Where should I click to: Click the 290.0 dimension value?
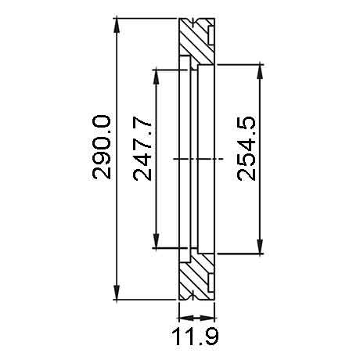(102, 147)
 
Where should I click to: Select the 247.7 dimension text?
(142, 149)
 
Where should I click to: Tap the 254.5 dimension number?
(246, 149)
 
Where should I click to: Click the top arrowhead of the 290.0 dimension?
(117, 25)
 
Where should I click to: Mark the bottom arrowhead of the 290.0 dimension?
(117, 293)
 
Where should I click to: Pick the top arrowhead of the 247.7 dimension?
(156, 77)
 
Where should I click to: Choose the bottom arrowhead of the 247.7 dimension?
(156, 241)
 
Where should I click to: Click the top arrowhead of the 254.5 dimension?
(260, 71)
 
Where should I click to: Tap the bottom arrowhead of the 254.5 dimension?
(260, 247)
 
